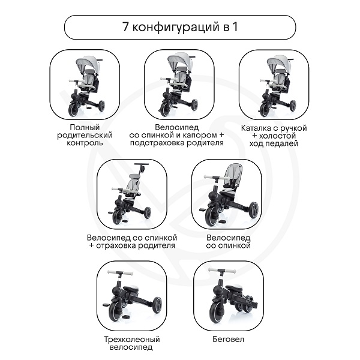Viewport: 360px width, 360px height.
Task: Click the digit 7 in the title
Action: [125, 26]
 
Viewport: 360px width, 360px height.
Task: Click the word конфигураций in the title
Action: [176, 28]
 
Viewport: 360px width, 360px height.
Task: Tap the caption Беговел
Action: [228, 339]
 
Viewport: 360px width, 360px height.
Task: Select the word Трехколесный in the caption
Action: [132, 340]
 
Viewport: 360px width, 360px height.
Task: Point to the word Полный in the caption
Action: [85, 127]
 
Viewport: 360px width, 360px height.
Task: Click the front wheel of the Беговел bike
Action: [217, 313]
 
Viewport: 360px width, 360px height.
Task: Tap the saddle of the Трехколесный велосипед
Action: [131, 288]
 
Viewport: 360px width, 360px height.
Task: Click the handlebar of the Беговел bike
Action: [222, 271]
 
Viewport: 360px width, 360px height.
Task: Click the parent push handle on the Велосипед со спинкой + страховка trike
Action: [142, 164]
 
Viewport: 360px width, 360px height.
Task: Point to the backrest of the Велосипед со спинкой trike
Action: [233, 173]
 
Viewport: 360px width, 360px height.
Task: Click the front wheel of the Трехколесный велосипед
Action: [116, 311]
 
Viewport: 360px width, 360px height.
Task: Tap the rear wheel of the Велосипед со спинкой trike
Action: [253, 210]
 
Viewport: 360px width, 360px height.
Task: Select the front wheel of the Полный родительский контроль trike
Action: [74, 109]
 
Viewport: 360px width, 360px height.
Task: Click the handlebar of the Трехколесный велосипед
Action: [121, 273]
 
